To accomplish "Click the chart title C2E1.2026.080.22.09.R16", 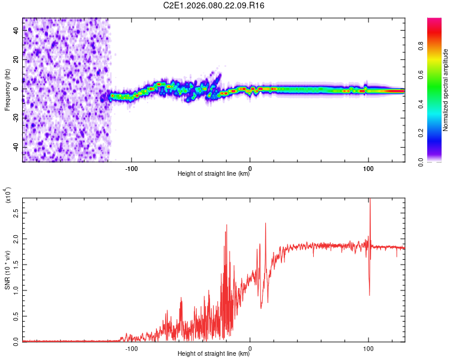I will point(214,5).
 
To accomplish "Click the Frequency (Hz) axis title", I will point(8,89).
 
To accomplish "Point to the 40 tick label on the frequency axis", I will point(16,31).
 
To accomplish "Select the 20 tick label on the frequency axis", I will point(16,60).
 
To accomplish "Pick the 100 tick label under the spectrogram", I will point(368,167).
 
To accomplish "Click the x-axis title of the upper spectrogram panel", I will point(214,174).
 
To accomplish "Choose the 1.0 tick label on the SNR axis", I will point(16,290).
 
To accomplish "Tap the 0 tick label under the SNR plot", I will point(250,347).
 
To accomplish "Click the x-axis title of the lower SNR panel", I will point(214,354).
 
